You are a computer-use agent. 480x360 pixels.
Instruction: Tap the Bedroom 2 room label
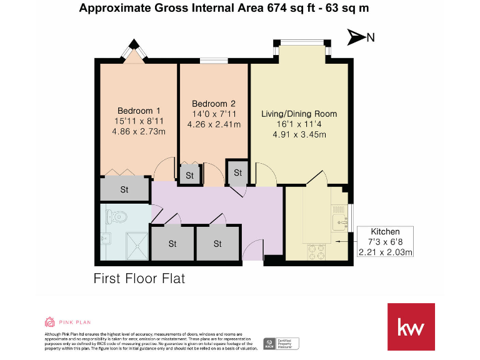click(214, 104)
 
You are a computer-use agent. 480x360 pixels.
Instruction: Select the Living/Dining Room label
click(299, 114)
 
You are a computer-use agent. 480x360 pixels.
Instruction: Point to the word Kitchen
click(386, 231)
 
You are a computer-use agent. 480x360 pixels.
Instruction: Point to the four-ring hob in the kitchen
click(316, 251)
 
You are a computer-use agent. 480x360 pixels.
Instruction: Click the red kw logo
click(411, 327)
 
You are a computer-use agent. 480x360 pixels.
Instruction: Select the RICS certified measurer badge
click(281, 343)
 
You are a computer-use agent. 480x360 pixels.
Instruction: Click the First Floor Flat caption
click(139, 279)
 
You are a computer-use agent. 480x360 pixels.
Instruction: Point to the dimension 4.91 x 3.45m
click(299, 134)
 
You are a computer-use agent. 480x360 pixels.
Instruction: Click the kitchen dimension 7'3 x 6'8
click(386, 242)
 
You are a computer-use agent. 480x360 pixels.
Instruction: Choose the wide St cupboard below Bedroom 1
click(124, 189)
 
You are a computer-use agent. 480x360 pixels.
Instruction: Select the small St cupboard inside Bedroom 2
click(189, 176)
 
